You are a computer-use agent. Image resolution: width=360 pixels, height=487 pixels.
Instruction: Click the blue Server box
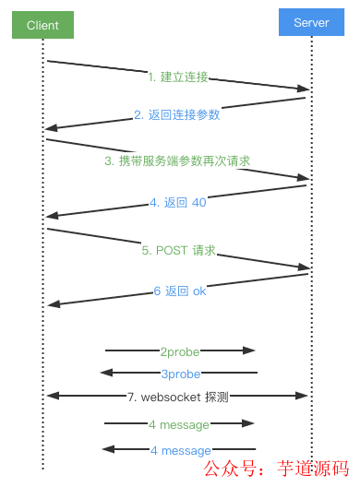pyautogui.click(x=311, y=22)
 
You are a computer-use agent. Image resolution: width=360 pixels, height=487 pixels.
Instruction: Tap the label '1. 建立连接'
pyautogui.click(x=178, y=76)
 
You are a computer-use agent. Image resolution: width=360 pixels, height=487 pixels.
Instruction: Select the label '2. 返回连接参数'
pyautogui.click(x=177, y=115)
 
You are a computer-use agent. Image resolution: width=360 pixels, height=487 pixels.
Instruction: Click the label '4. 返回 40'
pyautogui.click(x=178, y=202)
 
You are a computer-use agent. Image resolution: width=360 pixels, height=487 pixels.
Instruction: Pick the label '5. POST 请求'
pyautogui.click(x=178, y=250)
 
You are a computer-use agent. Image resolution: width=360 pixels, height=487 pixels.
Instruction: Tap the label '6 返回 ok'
pyautogui.click(x=179, y=291)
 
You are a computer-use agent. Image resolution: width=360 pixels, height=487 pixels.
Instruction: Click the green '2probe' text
pyautogui.click(x=180, y=350)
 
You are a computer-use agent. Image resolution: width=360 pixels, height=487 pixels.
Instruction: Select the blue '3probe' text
pyautogui.click(x=181, y=374)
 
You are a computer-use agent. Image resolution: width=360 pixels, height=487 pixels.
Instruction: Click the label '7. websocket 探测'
pyautogui.click(x=178, y=397)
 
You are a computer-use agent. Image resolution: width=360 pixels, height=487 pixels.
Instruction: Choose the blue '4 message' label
pyautogui.click(x=180, y=450)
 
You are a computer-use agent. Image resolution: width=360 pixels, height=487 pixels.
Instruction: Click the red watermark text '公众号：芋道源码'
pyautogui.click(x=276, y=468)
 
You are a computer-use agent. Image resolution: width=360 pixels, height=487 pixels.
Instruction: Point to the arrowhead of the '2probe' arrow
pyautogui.click(x=249, y=350)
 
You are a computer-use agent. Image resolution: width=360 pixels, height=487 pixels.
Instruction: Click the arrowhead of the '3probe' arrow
pyautogui.click(x=106, y=373)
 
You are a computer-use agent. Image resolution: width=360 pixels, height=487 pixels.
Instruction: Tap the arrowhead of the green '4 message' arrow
pyautogui.click(x=248, y=423)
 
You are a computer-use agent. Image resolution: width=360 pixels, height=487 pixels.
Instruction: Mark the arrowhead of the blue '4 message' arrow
pyautogui.click(x=107, y=449)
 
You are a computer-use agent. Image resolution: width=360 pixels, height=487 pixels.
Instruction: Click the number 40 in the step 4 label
pyautogui.click(x=198, y=202)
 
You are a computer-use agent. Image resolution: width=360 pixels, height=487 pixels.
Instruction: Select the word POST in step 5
pyautogui.click(x=173, y=250)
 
